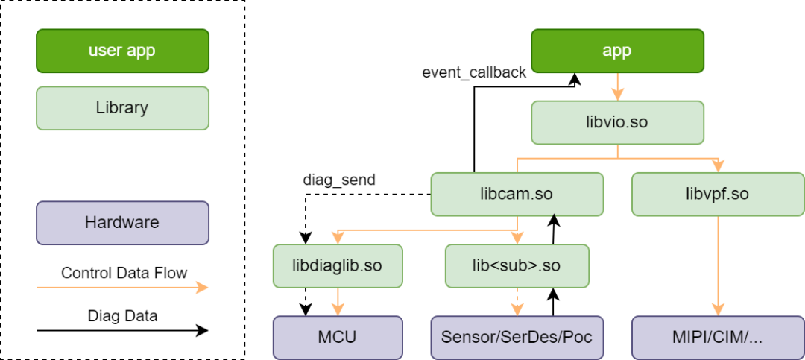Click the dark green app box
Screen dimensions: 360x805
(x=617, y=51)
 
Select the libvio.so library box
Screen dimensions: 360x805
(x=617, y=122)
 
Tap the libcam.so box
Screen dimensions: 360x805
(x=517, y=195)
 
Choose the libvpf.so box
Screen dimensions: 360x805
(x=718, y=195)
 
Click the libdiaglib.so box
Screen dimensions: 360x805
(x=338, y=266)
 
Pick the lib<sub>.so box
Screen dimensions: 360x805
(x=517, y=266)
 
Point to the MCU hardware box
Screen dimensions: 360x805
(x=338, y=337)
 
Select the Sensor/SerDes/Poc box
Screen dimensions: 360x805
(x=517, y=337)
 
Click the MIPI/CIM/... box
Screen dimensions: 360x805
(x=718, y=337)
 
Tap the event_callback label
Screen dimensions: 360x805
(x=474, y=72)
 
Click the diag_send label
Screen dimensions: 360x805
(x=339, y=179)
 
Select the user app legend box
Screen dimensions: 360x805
(x=122, y=51)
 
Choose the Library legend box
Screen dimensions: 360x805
(x=122, y=107)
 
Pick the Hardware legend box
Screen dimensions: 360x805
(x=122, y=222)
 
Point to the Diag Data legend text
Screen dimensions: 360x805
(x=122, y=316)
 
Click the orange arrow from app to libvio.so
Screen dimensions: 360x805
(x=617, y=86)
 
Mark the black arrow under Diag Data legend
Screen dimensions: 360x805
(x=122, y=330)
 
